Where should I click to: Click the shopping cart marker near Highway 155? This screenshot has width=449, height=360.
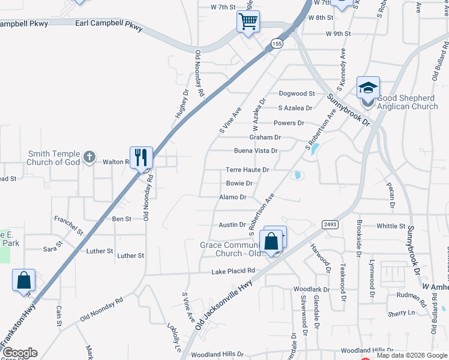[x=248, y=22]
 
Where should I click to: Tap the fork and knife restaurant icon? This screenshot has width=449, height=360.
[x=141, y=158]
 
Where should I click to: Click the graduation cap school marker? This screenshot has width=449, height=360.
[x=367, y=89]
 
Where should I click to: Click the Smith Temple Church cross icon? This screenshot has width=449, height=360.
[x=89, y=158]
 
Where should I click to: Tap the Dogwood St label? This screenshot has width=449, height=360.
[x=297, y=94]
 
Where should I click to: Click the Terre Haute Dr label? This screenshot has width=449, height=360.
[x=247, y=170]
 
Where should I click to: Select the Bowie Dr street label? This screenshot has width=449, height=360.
[x=239, y=184]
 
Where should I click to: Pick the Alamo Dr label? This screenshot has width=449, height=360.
[x=233, y=197]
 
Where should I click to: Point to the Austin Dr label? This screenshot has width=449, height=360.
[x=232, y=225]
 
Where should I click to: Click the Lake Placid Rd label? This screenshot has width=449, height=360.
[x=233, y=271]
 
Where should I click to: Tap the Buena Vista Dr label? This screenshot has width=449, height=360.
[x=256, y=151]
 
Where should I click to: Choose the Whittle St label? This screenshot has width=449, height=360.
[x=391, y=226]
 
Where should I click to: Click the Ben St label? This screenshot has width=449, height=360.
[x=122, y=220]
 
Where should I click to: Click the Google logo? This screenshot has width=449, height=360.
[x=19, y=353]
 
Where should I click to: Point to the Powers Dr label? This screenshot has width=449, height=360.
[x=289, y=123]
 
